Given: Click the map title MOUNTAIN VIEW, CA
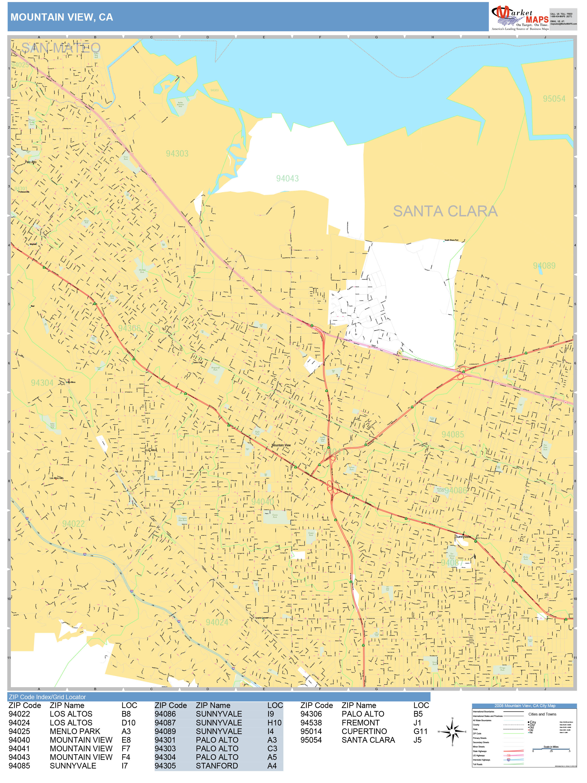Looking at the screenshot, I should [62, 17].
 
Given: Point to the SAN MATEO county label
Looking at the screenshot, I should [61, 48].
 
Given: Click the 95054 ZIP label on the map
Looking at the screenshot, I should [554, 99].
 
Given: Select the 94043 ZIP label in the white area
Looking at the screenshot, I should [287, 178].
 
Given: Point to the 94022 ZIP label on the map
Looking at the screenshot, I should [74, 524].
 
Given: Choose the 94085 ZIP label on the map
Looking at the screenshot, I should [452, 434].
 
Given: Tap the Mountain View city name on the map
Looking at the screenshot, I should [281, 445].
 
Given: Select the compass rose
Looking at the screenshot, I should [452, 731].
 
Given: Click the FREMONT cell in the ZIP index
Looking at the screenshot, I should [360, 723].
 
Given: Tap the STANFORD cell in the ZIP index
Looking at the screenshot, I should [217, 766].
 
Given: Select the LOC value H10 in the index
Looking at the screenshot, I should [274, 723].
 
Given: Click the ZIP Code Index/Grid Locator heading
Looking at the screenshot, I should [47, 697].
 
